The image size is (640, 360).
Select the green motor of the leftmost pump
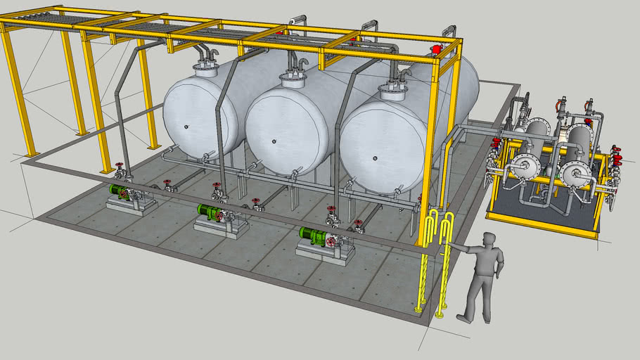point(121,191)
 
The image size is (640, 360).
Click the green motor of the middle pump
point(209,210)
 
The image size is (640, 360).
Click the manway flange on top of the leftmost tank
point(207,67)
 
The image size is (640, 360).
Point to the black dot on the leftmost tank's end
point(187,127)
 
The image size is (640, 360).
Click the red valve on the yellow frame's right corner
point(436,50)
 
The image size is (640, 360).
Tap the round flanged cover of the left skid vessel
point(524,166)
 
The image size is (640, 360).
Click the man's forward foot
point(465,319)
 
